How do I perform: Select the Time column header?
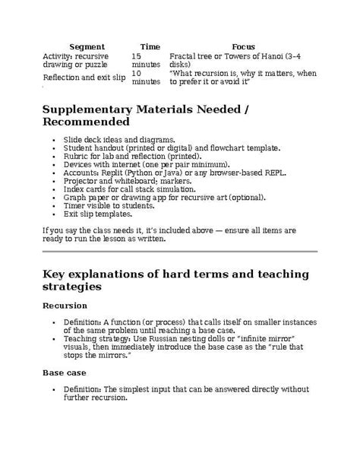150,47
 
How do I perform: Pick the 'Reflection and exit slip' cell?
84,77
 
